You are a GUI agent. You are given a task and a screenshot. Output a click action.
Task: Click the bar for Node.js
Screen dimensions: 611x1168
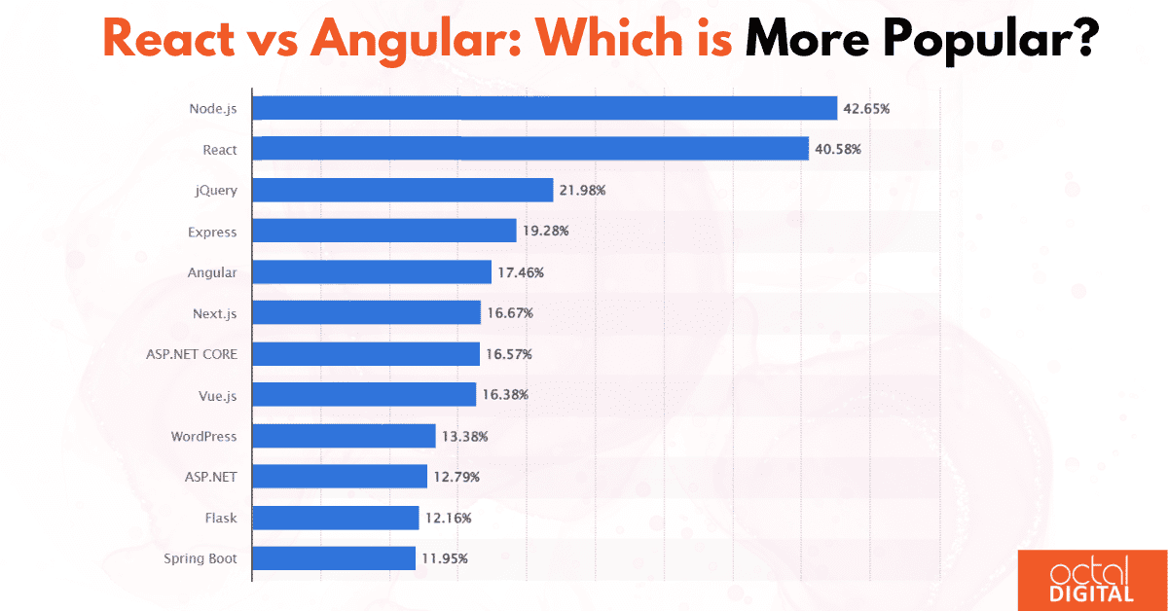tap(545, 108)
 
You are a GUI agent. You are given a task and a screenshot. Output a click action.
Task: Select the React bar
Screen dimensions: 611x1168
tap(530, 149)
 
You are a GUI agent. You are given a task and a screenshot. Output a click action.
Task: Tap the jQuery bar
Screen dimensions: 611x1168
tap(403, 190)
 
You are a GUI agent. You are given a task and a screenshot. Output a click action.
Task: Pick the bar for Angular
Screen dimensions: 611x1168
tap(372, 272)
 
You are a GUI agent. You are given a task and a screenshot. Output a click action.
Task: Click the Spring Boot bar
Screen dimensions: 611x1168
tap(334, 558)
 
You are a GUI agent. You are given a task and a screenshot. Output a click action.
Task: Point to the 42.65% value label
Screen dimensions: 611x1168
tap(866, 108)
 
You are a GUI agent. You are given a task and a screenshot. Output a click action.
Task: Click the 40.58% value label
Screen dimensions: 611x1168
tap(838, 149)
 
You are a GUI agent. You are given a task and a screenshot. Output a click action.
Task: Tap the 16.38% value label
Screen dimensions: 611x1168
tap(505, 395)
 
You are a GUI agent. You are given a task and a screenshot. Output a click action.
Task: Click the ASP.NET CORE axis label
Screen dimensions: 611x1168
tap(191, 354)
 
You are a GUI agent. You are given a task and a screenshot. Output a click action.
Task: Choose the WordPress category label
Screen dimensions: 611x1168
tap(202, 436)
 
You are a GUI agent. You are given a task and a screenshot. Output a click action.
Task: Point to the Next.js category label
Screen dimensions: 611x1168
tap(214, 313)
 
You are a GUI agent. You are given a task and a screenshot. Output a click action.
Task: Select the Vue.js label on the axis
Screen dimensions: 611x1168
tap(217, 395)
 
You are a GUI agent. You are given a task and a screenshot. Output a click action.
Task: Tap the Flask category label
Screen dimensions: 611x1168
tap(221, 519)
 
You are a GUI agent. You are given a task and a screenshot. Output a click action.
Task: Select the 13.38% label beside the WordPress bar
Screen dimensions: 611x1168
tap(464, 436)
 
